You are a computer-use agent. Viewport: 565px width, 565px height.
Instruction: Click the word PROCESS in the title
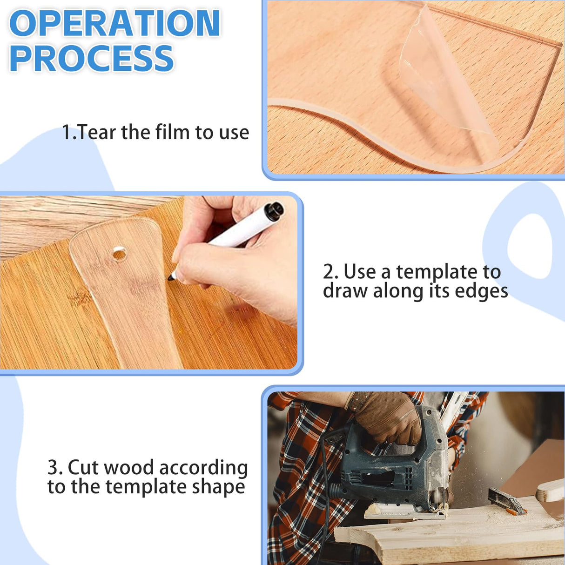[92, 59]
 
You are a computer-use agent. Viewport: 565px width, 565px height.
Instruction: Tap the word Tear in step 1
[97, 133]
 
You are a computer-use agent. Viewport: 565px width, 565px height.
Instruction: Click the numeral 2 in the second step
[328, 272]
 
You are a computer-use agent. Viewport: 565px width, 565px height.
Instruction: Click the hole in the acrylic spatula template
[119, 254]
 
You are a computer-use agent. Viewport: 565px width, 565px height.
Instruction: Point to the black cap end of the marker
[274, 210]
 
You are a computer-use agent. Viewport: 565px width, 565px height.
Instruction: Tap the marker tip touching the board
[171, 277]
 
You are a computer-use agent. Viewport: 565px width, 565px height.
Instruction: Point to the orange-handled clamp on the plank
[507, 503]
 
